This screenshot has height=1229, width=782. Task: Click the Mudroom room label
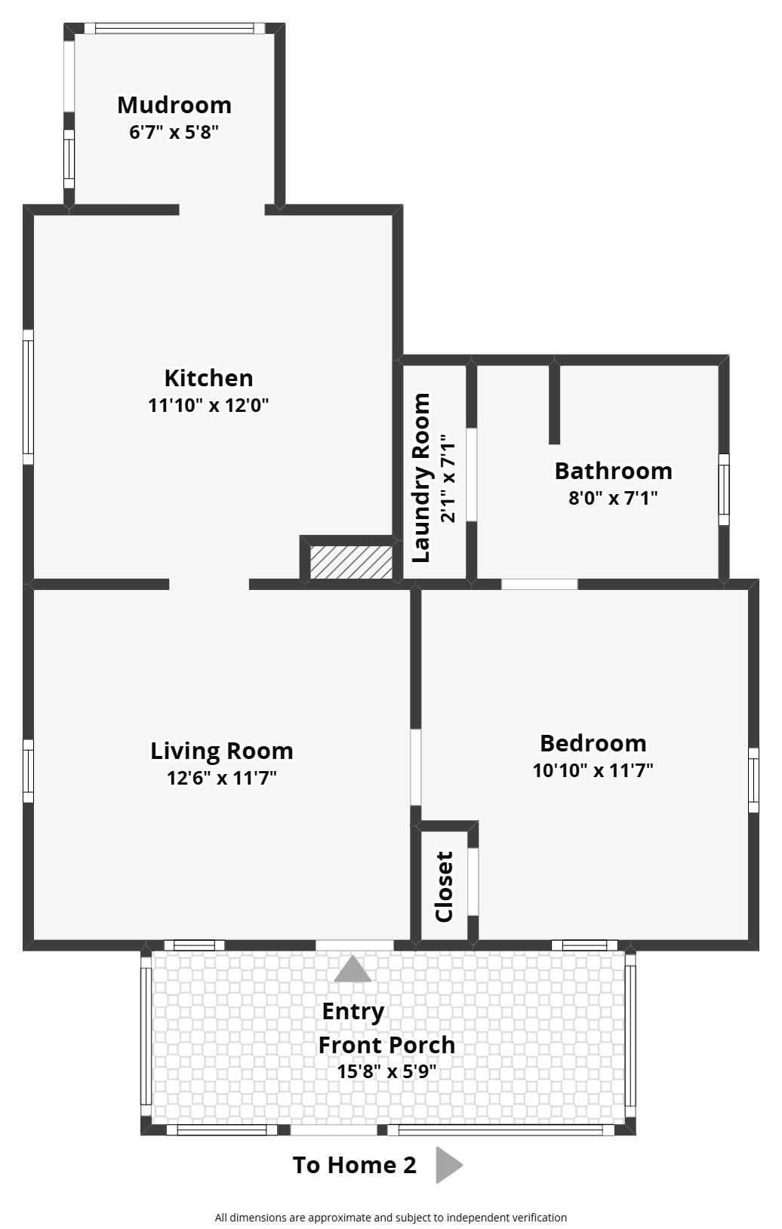pos(174,105)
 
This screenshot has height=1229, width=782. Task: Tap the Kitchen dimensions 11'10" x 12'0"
pos(208,405)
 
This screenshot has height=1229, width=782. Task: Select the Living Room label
pos(222,751)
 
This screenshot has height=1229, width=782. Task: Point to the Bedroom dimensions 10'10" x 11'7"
pos(593,770)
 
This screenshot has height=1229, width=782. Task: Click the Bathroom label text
pos(613,471)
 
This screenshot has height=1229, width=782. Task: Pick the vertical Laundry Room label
pos(421,478)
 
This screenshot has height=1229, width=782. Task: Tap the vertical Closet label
pos(444,886)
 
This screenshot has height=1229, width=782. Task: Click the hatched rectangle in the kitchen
pos(351,563)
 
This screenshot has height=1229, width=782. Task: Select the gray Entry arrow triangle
pos(353,969)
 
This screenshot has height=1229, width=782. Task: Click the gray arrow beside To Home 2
pos(448,1165)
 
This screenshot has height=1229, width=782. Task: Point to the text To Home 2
pos(354,1165)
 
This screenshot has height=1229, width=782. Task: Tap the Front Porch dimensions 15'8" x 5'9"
pos(386,1071)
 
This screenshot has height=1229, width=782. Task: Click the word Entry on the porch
pos(353,1011)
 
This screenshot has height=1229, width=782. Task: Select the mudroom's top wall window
pos(174,29)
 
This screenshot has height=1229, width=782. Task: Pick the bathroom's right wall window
pos(723,489)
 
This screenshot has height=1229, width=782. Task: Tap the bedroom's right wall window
pos(753,779)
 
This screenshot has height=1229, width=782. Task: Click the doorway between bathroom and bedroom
pos(539,584)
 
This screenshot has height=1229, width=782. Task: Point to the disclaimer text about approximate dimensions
pos(390,1217)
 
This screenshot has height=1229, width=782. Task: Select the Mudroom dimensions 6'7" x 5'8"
pos(174,133)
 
